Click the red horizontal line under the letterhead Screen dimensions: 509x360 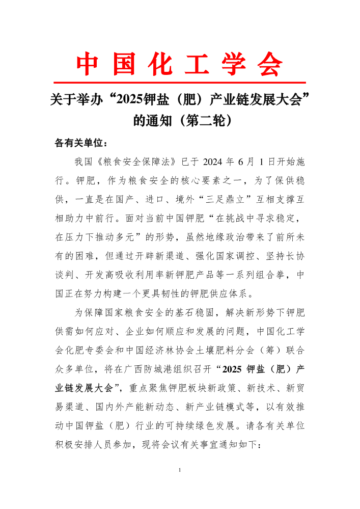point(180,82)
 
